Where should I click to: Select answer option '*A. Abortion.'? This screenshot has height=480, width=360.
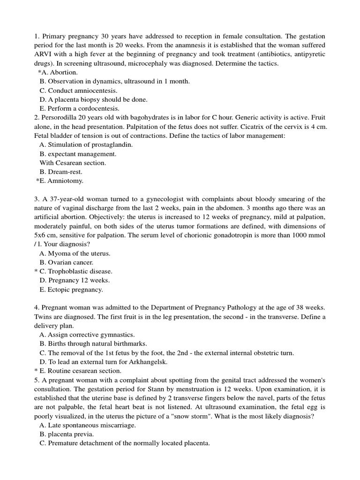[58, 72]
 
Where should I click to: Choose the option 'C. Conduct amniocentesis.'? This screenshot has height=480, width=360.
[78, 90]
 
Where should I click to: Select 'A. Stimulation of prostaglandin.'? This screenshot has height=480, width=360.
[86, 145]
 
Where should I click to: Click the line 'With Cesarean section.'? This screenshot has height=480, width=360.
[73, 163]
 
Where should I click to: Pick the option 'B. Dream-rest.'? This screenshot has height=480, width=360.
[61, 172]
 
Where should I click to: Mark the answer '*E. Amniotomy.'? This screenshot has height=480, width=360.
[60, 181]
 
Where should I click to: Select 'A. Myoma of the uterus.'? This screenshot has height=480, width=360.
[75, 254]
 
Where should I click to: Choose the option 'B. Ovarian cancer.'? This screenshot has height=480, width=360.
[67, 262]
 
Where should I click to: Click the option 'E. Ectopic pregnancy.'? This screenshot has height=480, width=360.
[71, 290]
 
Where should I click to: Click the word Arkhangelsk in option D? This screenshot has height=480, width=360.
[142, 362]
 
